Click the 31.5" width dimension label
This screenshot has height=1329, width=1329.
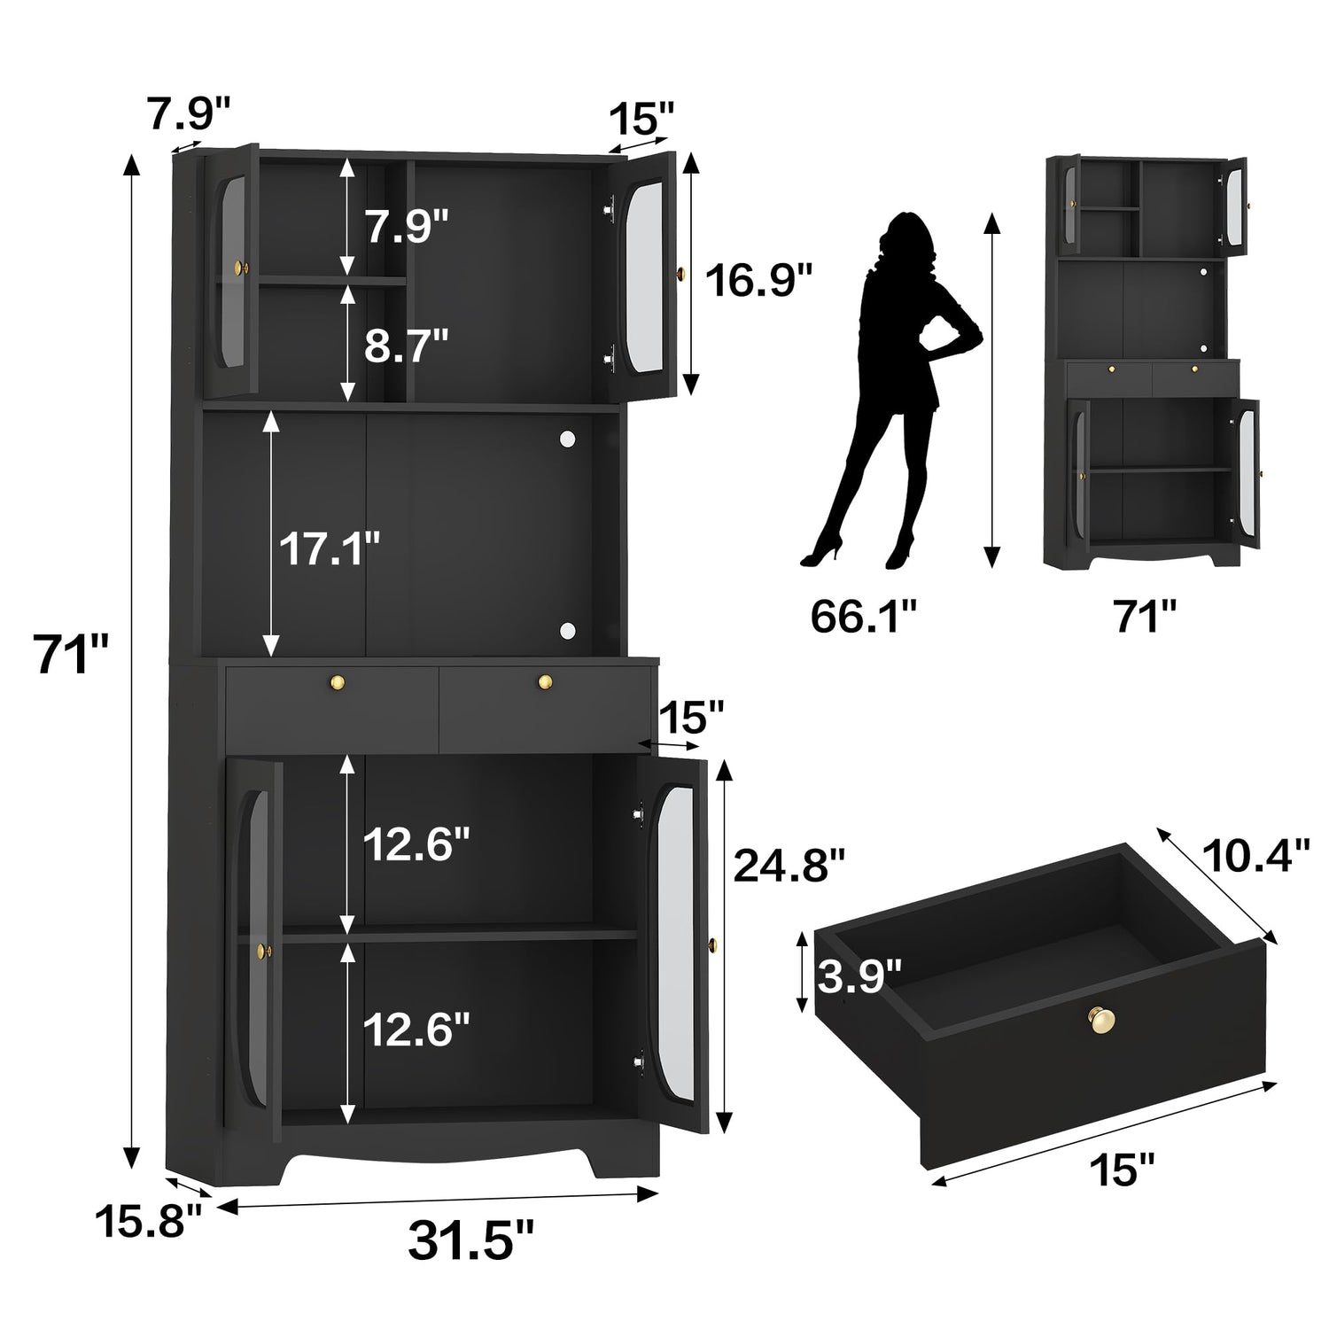point(470,1239)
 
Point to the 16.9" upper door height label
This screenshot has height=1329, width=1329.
point(758,281)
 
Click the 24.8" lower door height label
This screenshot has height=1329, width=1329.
point(789,865)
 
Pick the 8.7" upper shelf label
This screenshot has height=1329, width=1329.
point(407,346)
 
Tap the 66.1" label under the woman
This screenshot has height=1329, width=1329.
point(863,617)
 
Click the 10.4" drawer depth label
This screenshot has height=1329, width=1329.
point(1255,855)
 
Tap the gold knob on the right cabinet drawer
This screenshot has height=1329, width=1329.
point(546,681)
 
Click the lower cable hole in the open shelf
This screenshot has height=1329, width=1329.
point(566,630)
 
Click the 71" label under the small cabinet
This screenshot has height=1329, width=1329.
point(1146,617)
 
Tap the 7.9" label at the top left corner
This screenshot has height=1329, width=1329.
point(190,114)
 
